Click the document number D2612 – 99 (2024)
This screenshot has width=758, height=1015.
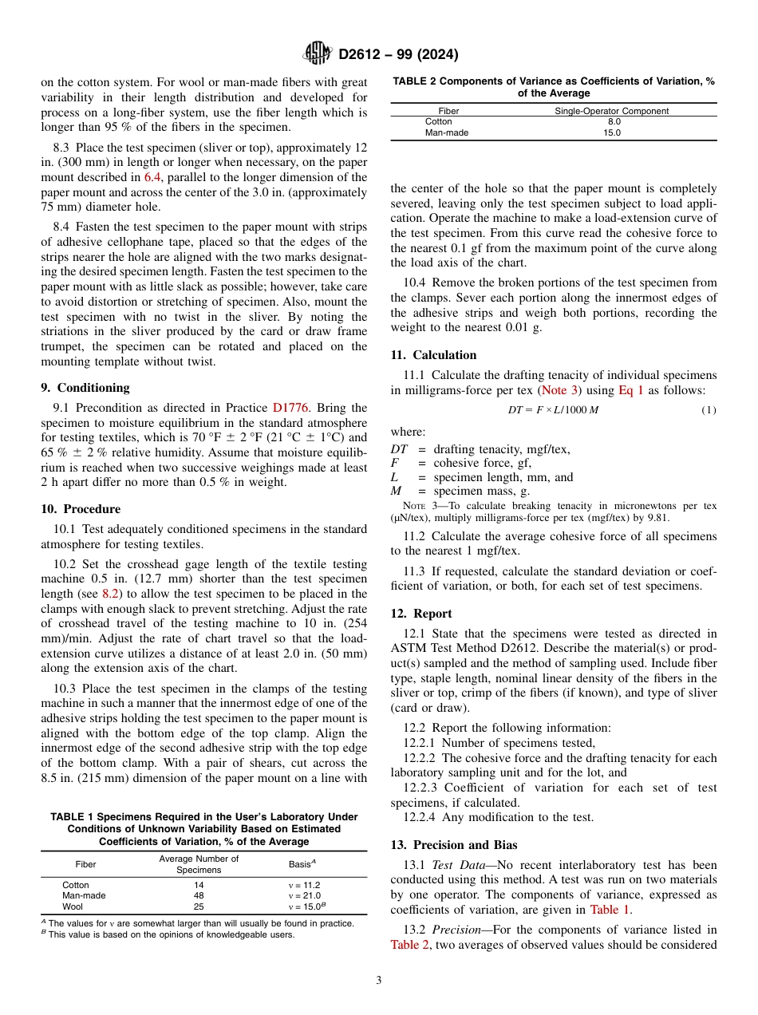(x=398, y=55)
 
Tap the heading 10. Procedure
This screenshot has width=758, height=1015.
(x=81, y=509)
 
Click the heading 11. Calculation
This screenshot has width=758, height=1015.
(x=433, y=355)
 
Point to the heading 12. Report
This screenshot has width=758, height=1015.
(x=421, y=614)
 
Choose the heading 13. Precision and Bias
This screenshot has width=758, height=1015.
(x=454, y=845)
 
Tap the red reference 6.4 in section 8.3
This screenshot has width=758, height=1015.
(x=152, y=177)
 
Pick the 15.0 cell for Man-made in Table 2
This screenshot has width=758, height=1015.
(x=612, y=133)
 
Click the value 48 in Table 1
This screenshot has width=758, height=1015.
(x=199, y=895)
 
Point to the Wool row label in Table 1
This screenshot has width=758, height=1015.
(x=73, y=906)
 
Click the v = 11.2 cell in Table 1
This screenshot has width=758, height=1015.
(x=304, y=885)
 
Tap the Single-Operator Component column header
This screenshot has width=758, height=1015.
(x=611, y=111)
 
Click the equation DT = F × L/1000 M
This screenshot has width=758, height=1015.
(x=554, y=410)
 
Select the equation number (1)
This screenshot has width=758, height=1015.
(x=709, y=410)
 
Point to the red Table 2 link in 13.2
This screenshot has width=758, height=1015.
(x=409, y=945)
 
